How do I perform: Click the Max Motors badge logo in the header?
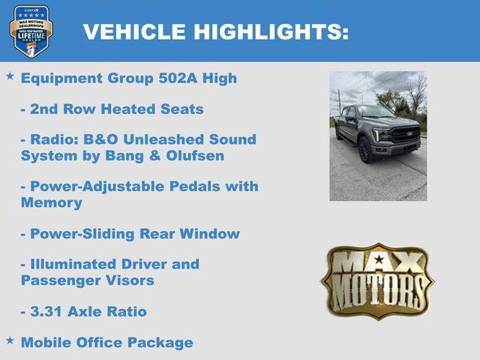(x=31, y=31)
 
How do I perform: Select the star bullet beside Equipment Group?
(x=10, y=76)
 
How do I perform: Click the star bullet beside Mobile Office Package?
(x=10, y=340)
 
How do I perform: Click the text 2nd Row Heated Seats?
(x=112, y=109)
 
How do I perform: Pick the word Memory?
(x=51, y=202)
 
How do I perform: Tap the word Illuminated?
(x=78, y=264)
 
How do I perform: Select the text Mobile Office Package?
(x=106, y=343)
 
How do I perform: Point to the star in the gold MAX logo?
(x=379, y=260)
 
